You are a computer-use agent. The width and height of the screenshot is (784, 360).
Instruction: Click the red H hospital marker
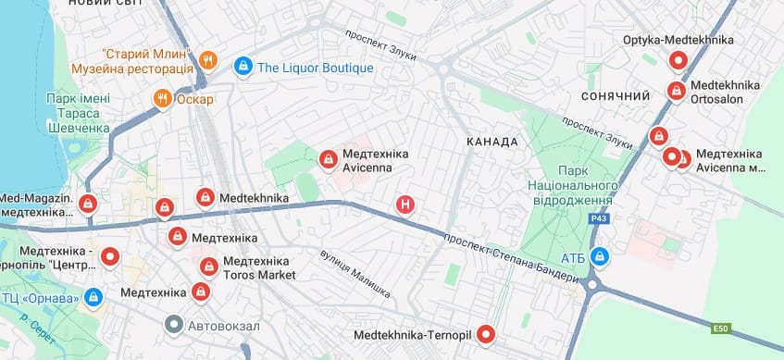(x=404, y=205)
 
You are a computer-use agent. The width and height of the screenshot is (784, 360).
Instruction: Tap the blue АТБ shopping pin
(x=600, y=254)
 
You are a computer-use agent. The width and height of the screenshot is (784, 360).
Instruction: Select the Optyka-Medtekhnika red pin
(x=678, y=61)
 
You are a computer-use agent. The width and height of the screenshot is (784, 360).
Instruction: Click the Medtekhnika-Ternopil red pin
(x=483, y=335)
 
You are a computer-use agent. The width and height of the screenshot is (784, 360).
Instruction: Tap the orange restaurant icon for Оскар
(x=163, y=99)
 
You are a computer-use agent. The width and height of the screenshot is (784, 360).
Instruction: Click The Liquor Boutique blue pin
(x=243, y=67)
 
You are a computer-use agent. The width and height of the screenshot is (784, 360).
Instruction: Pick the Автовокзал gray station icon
(x=173, y=325)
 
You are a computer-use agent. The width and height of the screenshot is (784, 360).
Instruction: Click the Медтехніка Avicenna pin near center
(x=328, y=160)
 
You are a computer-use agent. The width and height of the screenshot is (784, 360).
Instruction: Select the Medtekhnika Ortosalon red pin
(x=675, y=92)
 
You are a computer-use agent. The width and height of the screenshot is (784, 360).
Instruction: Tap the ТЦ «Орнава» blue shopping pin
(x=92, y=297)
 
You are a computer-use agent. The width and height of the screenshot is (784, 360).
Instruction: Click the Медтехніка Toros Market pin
(x=209, y=267)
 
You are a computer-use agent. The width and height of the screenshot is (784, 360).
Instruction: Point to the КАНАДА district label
(x=492, y=142)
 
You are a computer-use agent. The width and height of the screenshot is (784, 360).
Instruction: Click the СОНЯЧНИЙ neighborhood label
(x=616, y=96)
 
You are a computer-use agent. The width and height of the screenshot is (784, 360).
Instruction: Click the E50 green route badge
(x=721, y=328)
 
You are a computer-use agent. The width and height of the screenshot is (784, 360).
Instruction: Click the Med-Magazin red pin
(x=87, y=204)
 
